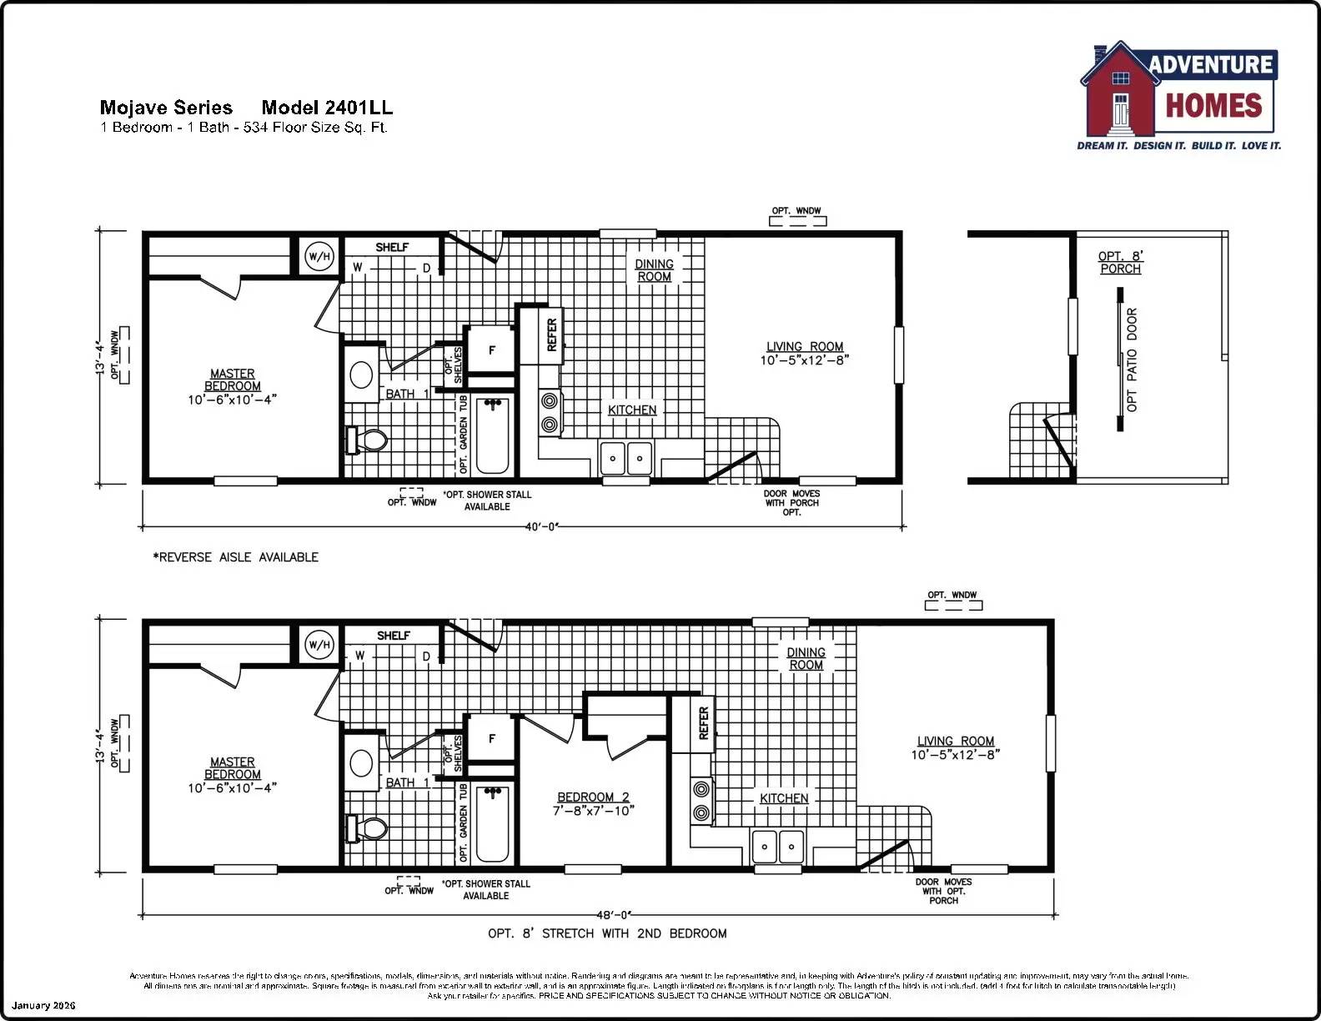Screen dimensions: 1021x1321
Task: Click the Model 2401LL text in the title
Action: click(x=327, y=108)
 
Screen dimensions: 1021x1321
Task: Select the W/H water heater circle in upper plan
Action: click(x=319, y=256)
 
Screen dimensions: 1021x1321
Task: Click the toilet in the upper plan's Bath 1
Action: click(x=368, y=440)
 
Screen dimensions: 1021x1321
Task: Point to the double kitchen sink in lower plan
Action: click(x=777, y=847)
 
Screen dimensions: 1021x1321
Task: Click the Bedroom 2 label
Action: click(x=593, y=797)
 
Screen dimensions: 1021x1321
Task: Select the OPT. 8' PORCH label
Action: click(x=1120, y=262)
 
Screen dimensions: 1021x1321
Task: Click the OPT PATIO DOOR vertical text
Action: click(x=1132, y=360)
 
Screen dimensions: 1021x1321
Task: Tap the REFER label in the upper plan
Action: click(x=551, y=334)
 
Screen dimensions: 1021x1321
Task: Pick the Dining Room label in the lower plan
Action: click(x=806, y=658)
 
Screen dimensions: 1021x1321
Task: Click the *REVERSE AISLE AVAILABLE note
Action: click(x=235, y=557)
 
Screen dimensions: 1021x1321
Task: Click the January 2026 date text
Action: click(x=43, y=1005)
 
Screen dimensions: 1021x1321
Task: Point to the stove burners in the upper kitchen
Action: click(x=549, y=412)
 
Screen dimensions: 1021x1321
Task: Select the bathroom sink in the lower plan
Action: click(x=361, y=762)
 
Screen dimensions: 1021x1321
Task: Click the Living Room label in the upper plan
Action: click(x=805, y=346)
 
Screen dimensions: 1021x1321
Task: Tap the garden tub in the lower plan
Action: click(x=492, y=822)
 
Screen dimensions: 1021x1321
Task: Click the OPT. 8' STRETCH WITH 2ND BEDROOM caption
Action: click(x=607, y=933)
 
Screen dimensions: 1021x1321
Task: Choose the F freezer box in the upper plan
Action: click(x=491, y=350)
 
